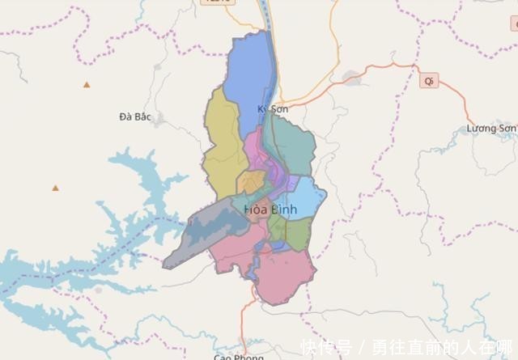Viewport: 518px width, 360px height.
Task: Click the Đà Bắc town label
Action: pyautogui.click(x=135, y=116)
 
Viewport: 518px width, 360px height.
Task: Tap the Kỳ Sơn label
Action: pyautogui.click(x=273, y=108)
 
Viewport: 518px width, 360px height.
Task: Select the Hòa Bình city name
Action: pyautogui.click(x=270, y=210)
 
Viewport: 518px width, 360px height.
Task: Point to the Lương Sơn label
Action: pyautogui.click(x=491, y=128)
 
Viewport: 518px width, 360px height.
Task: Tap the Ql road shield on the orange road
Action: pyautogui.click(x=429, y=81)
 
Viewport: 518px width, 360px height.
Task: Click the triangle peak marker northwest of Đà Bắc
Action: pyautogui.click(x=87, y=84)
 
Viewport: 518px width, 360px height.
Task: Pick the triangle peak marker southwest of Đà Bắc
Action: pyautogui.click(x=56, y=188)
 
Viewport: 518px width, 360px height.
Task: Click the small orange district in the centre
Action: pyautogui.click(x=251, y=181)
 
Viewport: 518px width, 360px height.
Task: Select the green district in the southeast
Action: pyautogui.click(x=297, y=235)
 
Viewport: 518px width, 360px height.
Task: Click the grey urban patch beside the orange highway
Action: pyautogui.click(x=351, y=78)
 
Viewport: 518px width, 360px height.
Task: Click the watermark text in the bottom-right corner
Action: pyautogui.click(x=409, y=348)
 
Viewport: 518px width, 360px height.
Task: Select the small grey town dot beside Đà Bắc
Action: pyautogui.click(x=159, y=120)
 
